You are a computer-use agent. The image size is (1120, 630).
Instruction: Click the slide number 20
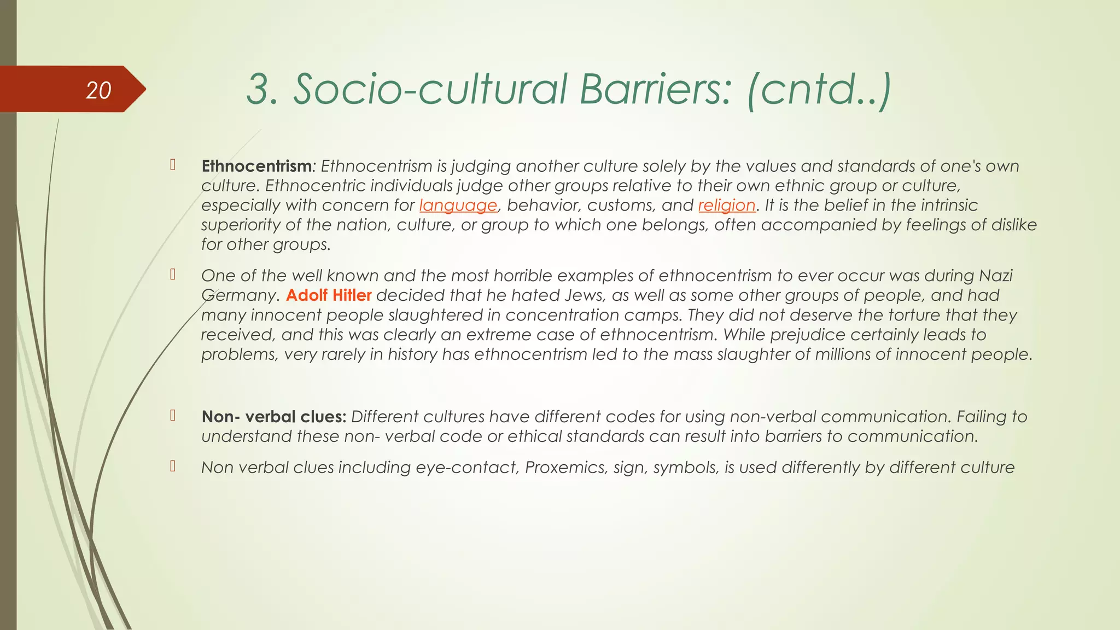coord(98,90)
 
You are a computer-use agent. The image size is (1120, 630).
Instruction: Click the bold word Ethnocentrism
coord(256,166)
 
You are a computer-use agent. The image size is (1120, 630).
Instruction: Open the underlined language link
coord(458,205)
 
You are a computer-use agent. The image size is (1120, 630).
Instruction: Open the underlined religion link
coord(727,205)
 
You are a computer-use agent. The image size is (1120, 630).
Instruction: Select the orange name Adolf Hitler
coord(329,295)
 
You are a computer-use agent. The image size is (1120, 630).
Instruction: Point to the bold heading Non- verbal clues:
coord(273,417)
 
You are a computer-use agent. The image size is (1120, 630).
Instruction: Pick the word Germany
coord(238,295)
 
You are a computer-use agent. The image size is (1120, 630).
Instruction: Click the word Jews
coord(584,295)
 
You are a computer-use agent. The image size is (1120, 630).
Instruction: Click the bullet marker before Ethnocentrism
coord(173,165)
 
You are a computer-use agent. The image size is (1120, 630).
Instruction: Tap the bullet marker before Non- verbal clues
coord(173,416)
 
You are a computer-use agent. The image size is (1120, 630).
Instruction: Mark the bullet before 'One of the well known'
coord(173,275)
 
